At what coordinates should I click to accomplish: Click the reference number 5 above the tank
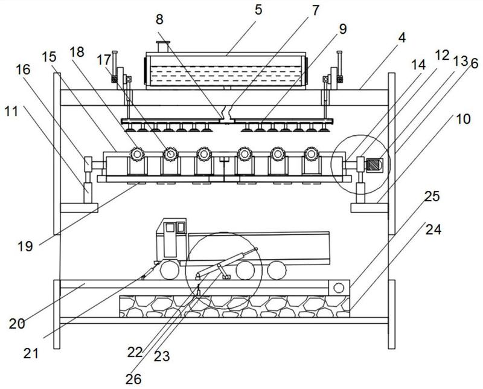(x=258, y=10)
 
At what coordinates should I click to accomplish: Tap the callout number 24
(x=433, y=230)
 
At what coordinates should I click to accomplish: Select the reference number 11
(x=11, y=111)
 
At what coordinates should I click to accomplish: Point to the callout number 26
(x=133, y=379)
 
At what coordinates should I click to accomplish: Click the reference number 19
(x=25, y=246)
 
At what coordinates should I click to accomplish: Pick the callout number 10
(x=463, y=119)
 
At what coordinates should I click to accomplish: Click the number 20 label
(x=17, y=324)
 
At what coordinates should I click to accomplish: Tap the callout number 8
(x=159, y=19)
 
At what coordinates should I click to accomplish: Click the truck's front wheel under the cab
(x=170, y=271)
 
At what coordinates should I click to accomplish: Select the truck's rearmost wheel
(x=277, y=271)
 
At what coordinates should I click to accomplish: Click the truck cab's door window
(x=170, y=228)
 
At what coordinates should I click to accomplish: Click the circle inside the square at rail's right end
(x=339, y=288)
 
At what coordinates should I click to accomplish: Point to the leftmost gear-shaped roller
(x=137, y=154)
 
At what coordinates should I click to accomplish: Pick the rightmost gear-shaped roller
(x=311, y=153)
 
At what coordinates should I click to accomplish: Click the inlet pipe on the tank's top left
(x=162, y=47)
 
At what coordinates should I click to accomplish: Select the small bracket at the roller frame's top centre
(x=224, y=159)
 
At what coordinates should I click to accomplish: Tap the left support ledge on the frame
(x=79, y=208)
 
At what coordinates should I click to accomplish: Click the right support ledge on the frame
(x=369, y=208)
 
